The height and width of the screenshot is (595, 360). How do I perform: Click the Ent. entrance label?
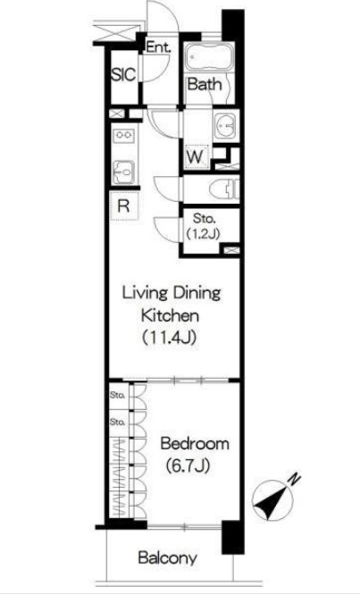click(x=159, y=47)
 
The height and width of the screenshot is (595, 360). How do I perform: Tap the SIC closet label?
click(x=123, y=75)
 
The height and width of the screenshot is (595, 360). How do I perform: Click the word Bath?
click(x=204, y=84)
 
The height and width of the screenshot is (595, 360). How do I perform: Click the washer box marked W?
click(x=197, y=156)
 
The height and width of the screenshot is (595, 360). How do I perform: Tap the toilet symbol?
click(x=224, y=189)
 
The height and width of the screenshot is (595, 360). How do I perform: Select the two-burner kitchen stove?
click(x=125, y=135)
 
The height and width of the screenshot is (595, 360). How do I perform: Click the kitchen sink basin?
click(x=123, y=172)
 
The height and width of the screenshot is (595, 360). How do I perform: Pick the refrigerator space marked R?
click(x=124, y=206)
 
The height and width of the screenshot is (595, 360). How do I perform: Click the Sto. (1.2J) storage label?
click(x=204, y=227)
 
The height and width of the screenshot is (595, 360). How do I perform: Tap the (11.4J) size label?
click(x=169, y=337)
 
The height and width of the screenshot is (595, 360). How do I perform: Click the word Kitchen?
click(x=170, y=315)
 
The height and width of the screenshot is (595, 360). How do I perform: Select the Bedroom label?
click(x=195, y=444)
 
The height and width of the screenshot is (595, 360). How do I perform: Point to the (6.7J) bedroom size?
click(x=188, y=465)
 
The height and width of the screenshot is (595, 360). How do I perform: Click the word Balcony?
click(x=167, y=557)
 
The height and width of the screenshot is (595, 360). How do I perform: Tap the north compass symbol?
click(x=272, y=499)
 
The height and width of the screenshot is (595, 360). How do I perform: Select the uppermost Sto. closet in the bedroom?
click(x=120, y=396)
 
